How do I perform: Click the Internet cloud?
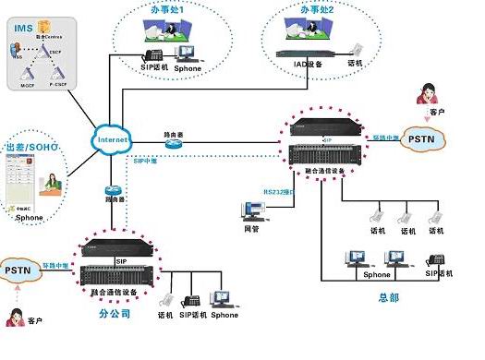[x=110, y=138]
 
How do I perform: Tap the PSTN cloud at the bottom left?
[x=19, y=270]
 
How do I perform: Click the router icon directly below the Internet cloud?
[x=111, y=192]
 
